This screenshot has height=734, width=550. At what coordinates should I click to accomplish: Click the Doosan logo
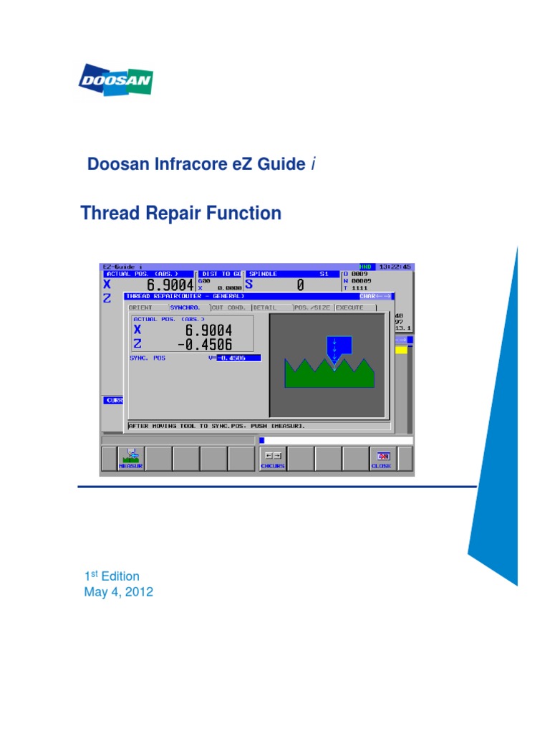(115, 80)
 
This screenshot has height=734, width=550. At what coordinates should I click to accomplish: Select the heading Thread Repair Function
(180, 213)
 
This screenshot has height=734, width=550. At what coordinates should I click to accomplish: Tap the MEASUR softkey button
(131, 459)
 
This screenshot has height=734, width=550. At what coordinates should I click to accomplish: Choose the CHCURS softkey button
(273, 459)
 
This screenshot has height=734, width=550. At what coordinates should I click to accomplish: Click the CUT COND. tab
(229, 308)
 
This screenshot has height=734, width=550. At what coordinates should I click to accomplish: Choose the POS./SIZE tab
(312, 308)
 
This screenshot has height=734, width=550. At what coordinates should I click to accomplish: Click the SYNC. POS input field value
(238, 358)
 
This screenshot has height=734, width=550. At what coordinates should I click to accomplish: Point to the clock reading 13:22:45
(396, 266)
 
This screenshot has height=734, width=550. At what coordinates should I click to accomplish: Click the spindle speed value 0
(300, 285)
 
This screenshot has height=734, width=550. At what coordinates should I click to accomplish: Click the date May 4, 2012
(118, 592)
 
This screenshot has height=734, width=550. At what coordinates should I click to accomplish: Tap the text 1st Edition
(112, 576)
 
